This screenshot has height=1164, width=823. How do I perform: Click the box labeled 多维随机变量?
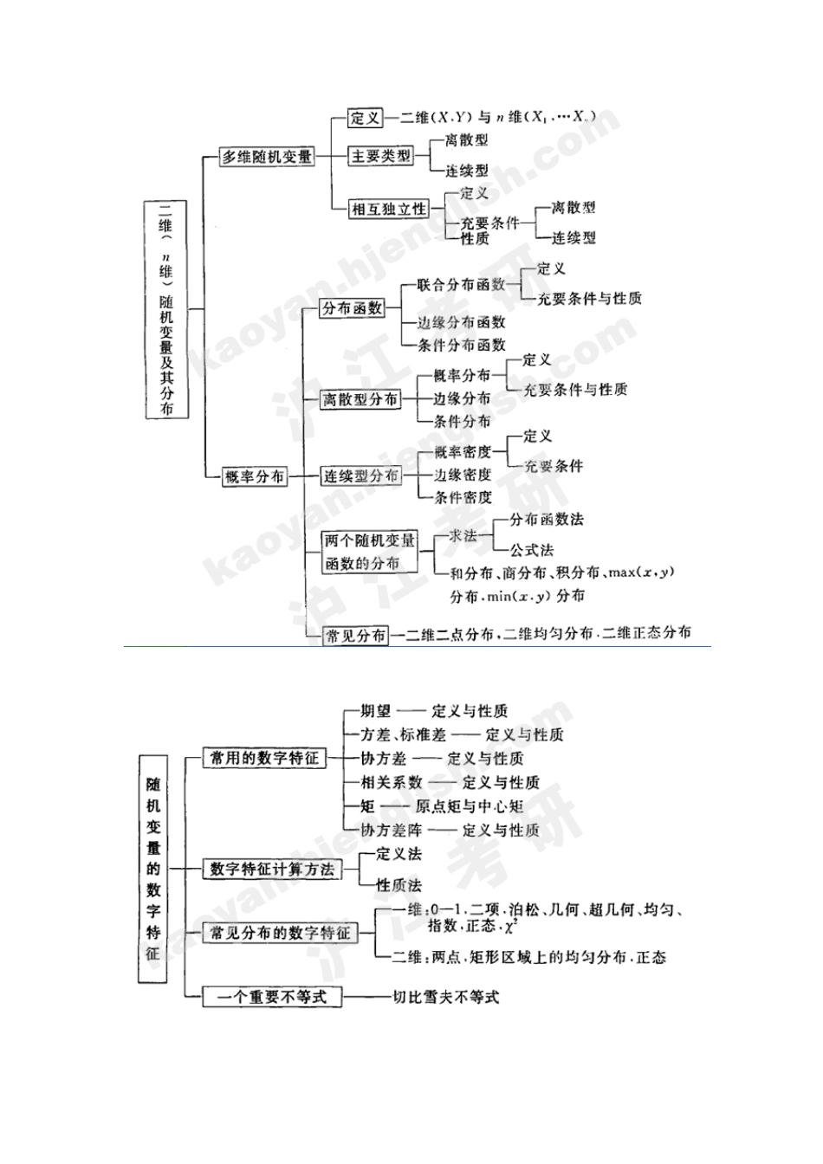point(267,158)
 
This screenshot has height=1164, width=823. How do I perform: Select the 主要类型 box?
point(380,156)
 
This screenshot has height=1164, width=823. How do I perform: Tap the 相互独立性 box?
point(389,209)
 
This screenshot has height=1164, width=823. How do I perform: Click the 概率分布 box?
point(254,476)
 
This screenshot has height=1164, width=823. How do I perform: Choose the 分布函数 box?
point(353,308)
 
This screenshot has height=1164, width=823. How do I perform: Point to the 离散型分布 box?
point(360,399)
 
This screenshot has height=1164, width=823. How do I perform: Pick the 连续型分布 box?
point(360,476)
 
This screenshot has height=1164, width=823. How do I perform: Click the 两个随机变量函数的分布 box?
point(370,552)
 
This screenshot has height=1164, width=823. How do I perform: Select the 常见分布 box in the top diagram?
point(355,636)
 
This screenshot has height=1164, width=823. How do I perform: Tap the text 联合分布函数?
point(461,284)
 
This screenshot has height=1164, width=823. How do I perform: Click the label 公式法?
point(531,550)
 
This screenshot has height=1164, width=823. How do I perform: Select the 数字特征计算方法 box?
point(272,869)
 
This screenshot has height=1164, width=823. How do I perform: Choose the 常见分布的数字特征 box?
point(280,933)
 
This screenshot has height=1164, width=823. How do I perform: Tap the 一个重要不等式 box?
point(271,997)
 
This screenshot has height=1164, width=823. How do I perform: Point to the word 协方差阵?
point(390,830)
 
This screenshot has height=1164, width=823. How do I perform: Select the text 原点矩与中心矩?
point(469,806)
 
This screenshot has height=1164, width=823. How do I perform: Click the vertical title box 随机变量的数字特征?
point(152,868)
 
